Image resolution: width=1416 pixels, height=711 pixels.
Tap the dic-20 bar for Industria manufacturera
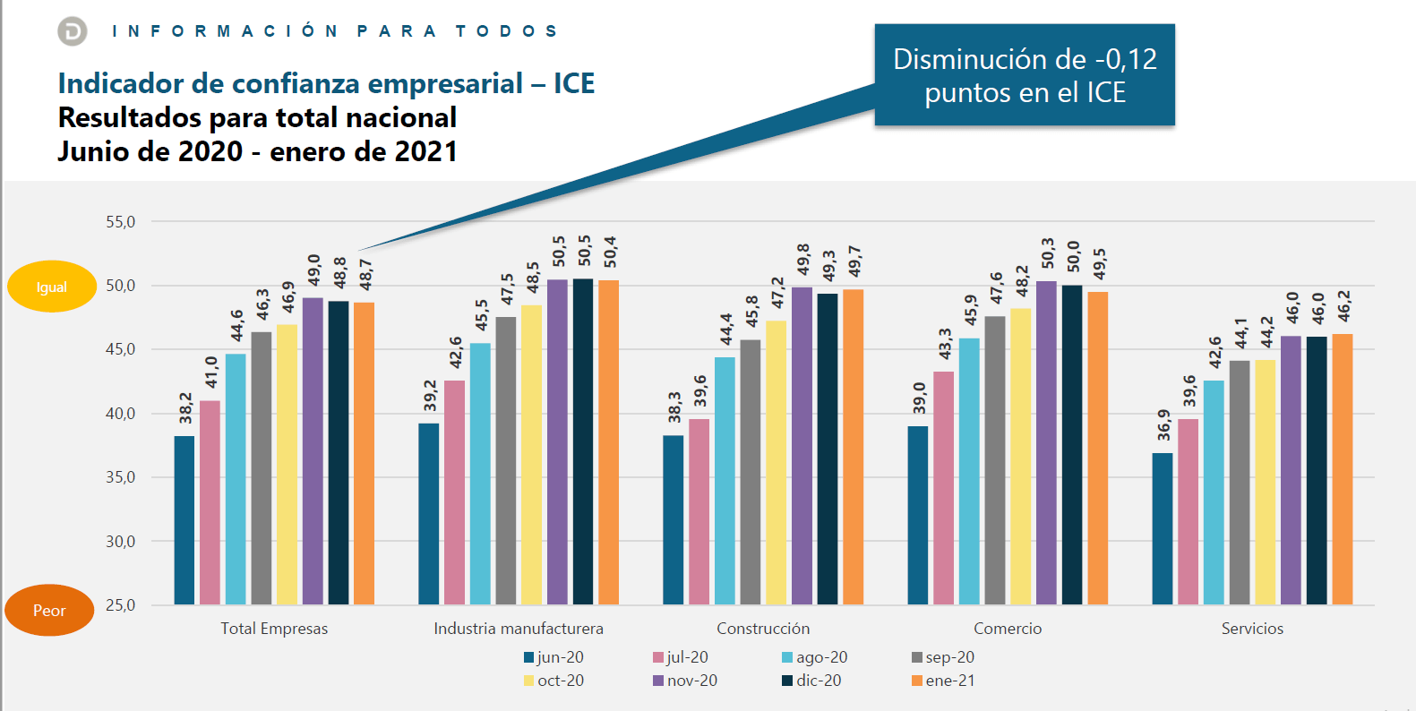[583, 441]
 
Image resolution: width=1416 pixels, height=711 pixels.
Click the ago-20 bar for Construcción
[725, 481]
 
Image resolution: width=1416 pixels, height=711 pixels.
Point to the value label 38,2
[185, 407]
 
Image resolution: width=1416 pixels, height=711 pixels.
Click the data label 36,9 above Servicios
[1163, 424]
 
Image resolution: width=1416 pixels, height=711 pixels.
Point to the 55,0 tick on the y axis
[121, 222]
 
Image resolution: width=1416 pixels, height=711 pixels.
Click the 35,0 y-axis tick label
[121, 477]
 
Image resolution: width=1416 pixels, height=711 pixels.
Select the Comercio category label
[1008, 629]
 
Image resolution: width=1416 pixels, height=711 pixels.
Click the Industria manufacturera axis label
[519, 629]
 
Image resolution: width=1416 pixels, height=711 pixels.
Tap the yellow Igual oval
[52, 287]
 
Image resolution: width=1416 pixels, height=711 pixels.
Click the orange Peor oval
[49, 610]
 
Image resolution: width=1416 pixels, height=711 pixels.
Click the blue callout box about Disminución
[1025, 75]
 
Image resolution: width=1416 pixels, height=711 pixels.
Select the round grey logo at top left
[73, 31]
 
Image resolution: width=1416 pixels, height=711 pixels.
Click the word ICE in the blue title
[574, 83]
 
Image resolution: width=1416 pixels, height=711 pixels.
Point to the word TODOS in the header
[507, 31]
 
